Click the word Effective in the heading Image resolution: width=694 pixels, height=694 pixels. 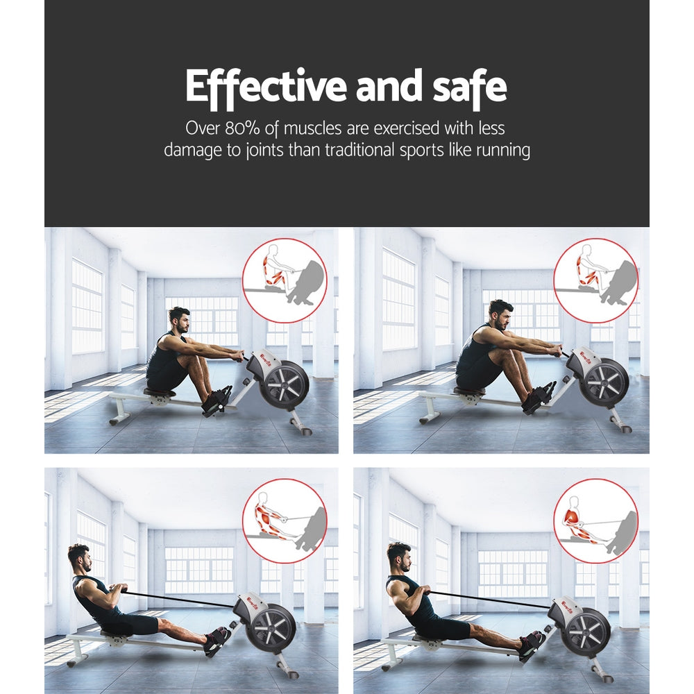pyautogui.click(x=266, y=87)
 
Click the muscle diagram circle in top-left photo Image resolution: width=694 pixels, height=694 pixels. pyautogui.click(x=285, y=280)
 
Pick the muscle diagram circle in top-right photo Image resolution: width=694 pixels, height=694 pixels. pyautogui.click(x=595, y=280)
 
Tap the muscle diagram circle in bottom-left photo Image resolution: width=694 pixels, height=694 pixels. pyautogui.click(x=285, y=520)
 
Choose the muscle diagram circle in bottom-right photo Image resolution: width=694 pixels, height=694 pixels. pyautogui.click(x=595, y=520)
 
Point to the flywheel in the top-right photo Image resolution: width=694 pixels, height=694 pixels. pyautogui.click(x=604, y=383)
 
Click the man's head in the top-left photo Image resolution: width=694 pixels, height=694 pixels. pyautogui.click(x=179, y=320)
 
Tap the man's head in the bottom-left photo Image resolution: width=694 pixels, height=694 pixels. pyautogui.click(x=79, y=557)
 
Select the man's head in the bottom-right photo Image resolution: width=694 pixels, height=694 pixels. pyautogui.click(x=398, y=556)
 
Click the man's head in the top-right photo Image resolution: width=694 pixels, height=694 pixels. pyautogui.click(x=500, y=313)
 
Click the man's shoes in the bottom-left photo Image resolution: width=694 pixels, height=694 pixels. pyautogui.click(x=217, y=640)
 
